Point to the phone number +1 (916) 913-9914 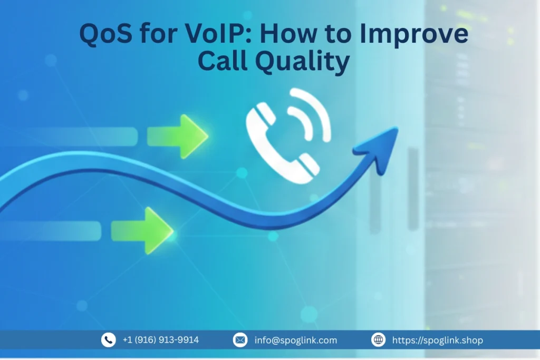[160, 340]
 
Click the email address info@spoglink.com [295, 340]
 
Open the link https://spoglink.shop [437, 340]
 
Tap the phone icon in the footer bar [108, 340]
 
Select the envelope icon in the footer [240, 340]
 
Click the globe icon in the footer [378, 340]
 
